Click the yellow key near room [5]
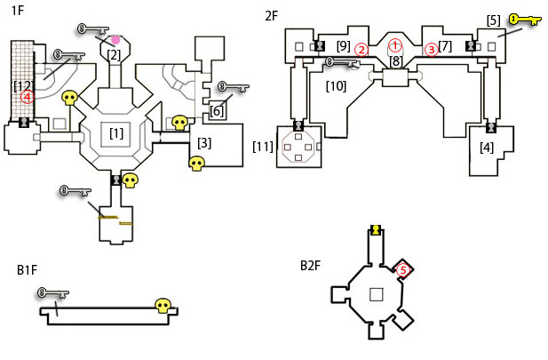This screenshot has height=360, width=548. (525, 20)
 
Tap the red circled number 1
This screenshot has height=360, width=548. (395, 45)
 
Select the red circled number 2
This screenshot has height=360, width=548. (361, 50)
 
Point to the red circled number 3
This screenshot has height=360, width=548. (432, 50)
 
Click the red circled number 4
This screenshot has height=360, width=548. (28, 97)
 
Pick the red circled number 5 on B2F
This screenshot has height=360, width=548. (403, 270)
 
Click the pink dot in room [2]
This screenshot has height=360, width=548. (115, 40)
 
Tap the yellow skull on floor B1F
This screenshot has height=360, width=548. (163, 306)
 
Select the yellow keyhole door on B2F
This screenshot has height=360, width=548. (376, 230)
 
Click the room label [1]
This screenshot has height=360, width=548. (116, 133)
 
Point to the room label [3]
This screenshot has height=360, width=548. (204, 143)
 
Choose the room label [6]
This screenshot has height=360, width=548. (217, 111)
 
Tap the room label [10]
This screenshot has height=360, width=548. (337, 86)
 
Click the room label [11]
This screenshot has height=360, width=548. (263, 147)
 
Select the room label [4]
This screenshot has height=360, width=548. (487, 148)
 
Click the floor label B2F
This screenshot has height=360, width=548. (310, 266)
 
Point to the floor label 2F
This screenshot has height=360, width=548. (272, 16)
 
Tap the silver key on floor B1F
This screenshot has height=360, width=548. (53, 293)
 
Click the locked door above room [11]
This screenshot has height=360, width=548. (298, 125)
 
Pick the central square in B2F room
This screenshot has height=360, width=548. (377, 294)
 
